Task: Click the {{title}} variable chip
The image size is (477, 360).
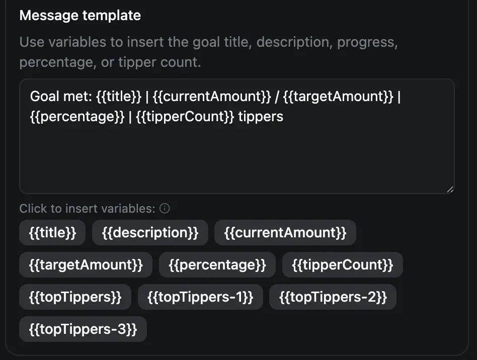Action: [x=52, y=233]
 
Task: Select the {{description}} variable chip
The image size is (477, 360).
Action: [x=150, y=233]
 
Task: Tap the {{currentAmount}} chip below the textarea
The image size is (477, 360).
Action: [x=285, y=233]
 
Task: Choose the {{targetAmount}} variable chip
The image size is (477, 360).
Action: [x=86, y=265]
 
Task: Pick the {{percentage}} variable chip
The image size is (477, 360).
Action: [x=217, y=265]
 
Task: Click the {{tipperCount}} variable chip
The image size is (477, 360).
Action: [x=343, y=265]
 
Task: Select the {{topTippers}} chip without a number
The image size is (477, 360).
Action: [x=75, y=297]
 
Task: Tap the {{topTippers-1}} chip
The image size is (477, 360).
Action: [x=200, y=297]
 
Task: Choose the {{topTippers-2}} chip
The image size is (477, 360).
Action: [x=333, y=297]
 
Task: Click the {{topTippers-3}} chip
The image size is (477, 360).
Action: [x=83, y=329]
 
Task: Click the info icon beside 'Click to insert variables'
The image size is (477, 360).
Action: [x=165, y=209]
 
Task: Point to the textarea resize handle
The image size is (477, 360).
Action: [x=450, y=190]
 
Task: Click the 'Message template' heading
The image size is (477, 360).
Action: [x=80, y=16]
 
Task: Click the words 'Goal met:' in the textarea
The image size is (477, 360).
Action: [x=61, y=97]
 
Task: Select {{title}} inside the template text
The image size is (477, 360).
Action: [x=119, y=97]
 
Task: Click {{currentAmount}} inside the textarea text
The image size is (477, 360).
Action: [x=211, y=97]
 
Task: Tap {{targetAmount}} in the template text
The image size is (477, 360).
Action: [x=338, y=97]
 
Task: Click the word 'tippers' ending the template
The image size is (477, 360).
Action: [x=261, y=117]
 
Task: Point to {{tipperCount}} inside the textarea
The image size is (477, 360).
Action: [x=185, y=117]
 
